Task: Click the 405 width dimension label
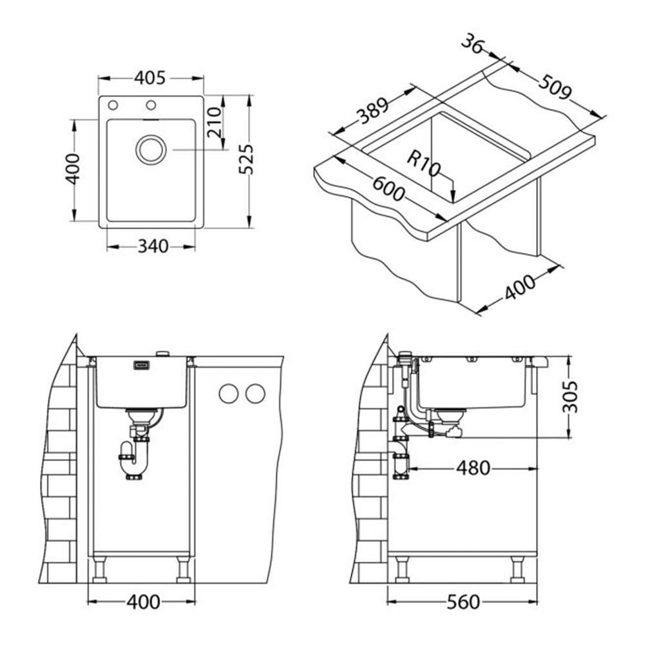[x=150, y=78]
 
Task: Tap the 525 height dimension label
[x=247, y=159]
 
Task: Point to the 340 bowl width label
[x=153, y=246]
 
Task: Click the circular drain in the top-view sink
[x=151, y=150]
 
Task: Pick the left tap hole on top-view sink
[x=113, y=105]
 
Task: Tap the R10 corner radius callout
[x=424, y=163]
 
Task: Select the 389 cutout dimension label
[x=372, y=111]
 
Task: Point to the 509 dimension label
[x=555, y=87]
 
